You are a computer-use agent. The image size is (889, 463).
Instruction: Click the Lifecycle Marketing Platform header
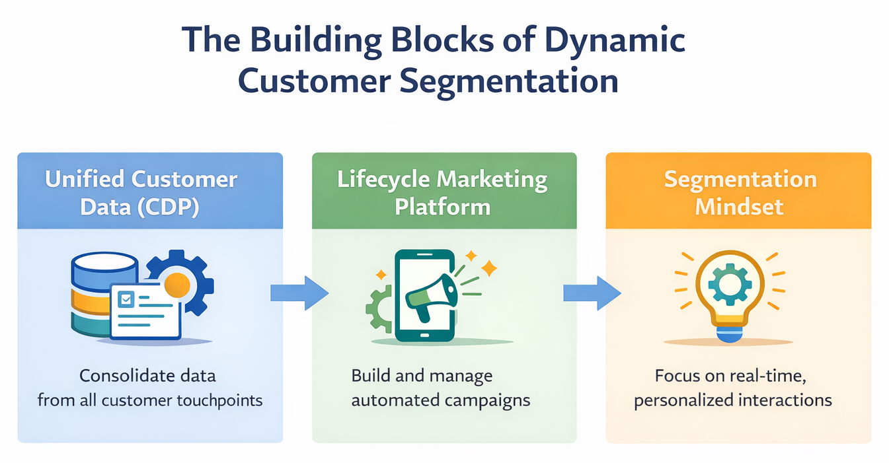click(443, 192)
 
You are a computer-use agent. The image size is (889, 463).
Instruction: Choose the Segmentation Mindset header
click(739, 192)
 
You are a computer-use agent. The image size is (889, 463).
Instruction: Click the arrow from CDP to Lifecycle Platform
click(299, 292)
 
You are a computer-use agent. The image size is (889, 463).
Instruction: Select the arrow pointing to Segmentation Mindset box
click(591, 292)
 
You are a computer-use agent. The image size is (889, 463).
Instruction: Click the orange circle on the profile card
click(177, 285)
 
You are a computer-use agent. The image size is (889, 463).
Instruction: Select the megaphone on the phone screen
click(431, 295)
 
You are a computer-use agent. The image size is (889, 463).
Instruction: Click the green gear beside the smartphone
click(379, 308)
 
